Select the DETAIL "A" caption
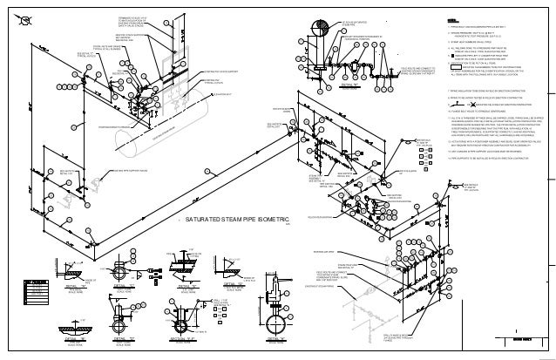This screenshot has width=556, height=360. pos(72,285)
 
